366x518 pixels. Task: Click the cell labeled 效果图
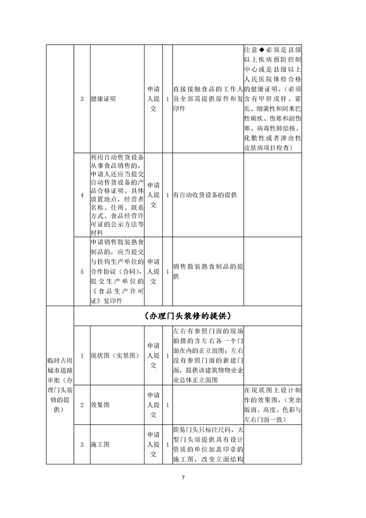coord(100,405)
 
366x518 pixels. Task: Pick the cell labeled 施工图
coord(100,445)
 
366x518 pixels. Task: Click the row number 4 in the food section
coord(82,195)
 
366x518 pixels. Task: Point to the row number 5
coord(82,271)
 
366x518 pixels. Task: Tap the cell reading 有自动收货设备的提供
coord(205,195)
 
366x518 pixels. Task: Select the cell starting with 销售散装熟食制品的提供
coord(208,271)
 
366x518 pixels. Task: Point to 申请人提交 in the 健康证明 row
coord(153,99)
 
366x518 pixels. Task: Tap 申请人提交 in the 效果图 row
coord(153,405)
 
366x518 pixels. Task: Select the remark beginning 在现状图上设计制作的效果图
coord(272,405)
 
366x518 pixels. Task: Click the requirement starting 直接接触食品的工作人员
coord(208,99)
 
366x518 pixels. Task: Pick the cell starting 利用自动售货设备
coord(117,195)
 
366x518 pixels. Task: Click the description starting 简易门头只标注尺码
coord(208,445)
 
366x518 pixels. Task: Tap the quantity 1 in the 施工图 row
coord(167,445)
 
